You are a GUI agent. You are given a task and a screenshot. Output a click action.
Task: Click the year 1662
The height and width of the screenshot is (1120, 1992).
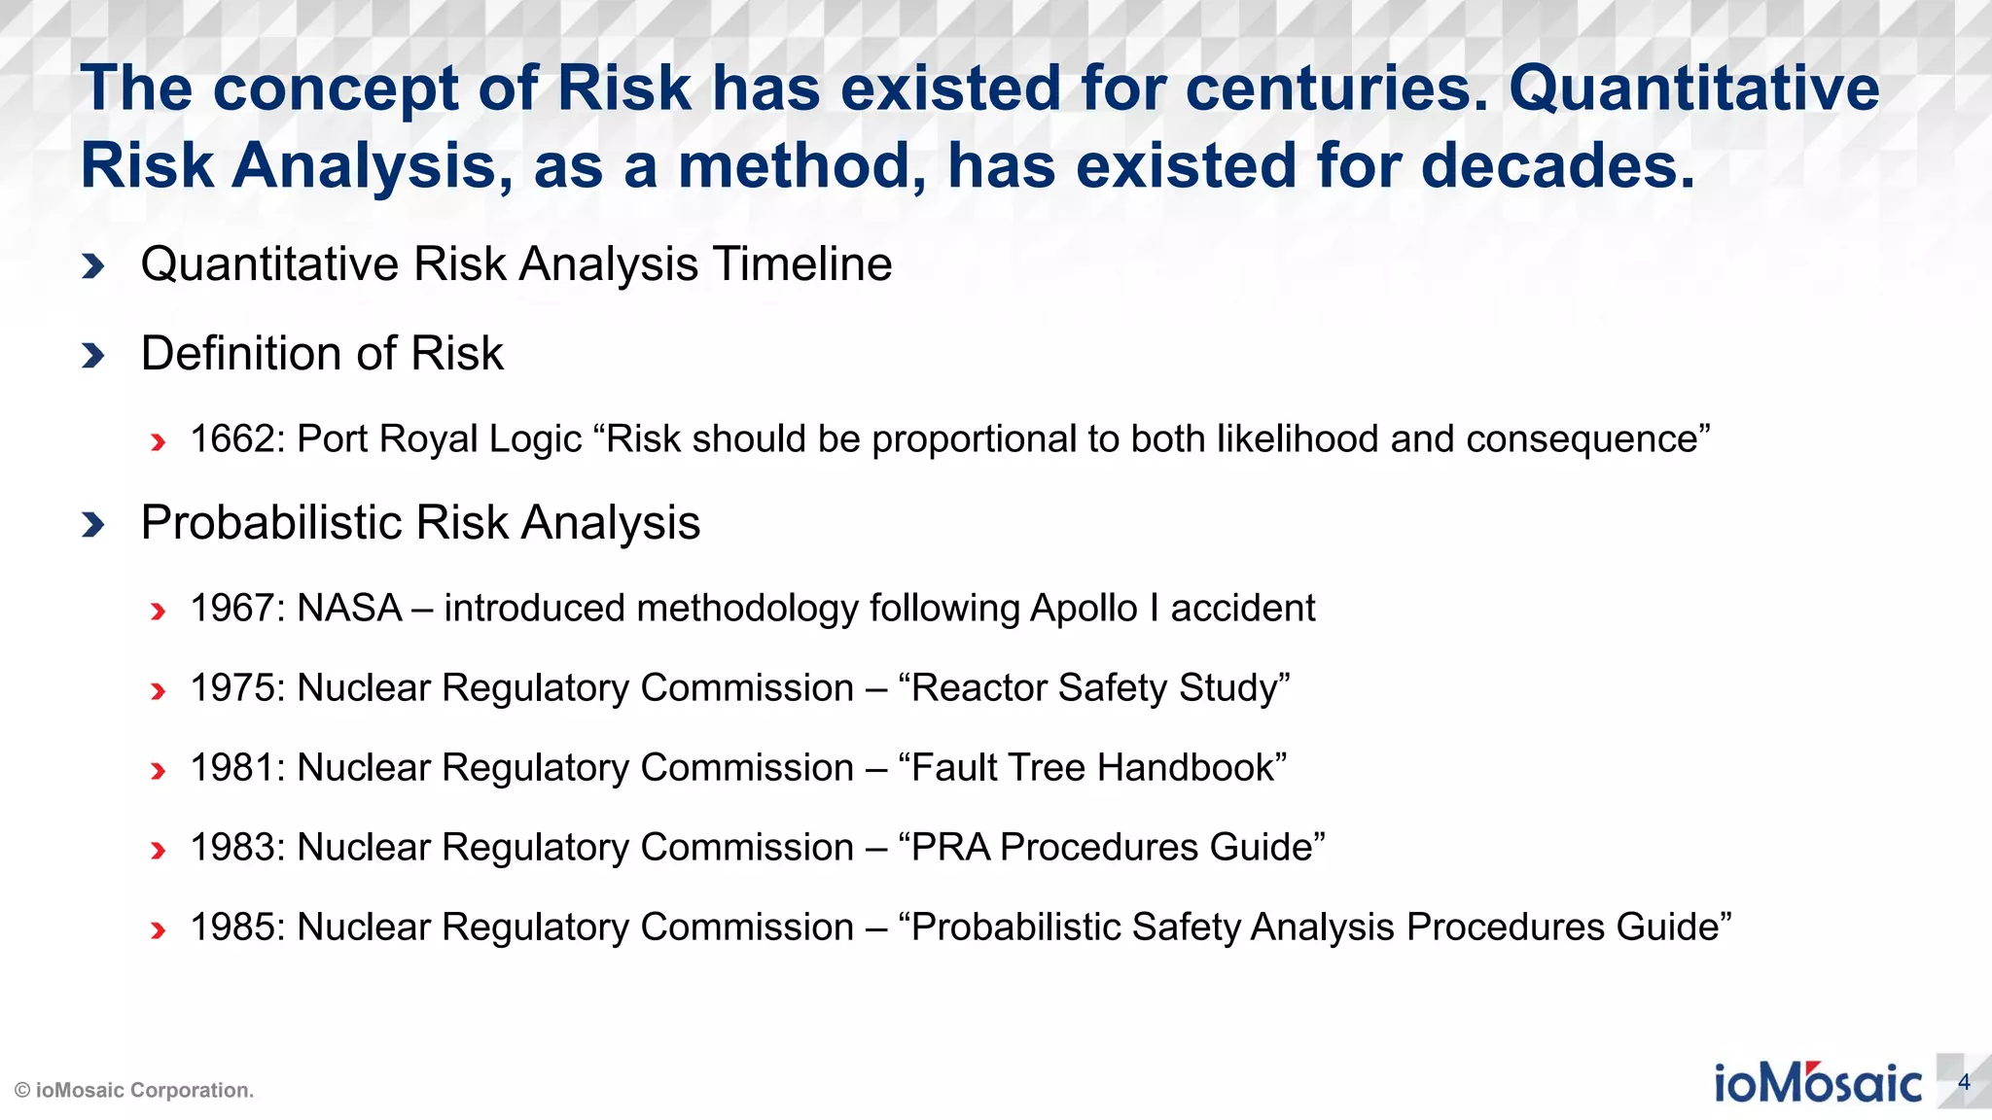point(232,439)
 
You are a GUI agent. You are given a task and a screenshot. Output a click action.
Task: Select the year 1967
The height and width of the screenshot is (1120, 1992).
point(232,609)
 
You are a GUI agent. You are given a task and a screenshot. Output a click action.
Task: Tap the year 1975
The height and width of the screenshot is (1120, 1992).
point(232,688)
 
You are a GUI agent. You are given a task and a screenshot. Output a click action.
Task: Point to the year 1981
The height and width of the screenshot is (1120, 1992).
point(232,768)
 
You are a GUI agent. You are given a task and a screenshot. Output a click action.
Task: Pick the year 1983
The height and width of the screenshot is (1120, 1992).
point(232,848)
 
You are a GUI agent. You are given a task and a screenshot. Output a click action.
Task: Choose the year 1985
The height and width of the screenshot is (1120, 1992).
point(232,927)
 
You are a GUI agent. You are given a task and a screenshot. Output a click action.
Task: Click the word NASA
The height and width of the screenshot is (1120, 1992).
point(349,609)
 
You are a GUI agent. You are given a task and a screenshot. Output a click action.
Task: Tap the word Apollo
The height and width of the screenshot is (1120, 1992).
point(1084,609)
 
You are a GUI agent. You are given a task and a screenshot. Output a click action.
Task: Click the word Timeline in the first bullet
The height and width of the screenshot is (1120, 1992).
point(802,264)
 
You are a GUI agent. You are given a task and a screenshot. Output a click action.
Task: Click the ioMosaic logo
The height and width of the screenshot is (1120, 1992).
point(1817,1083)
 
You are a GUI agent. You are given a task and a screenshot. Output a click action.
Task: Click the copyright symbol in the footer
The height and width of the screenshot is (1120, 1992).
point(22,1091)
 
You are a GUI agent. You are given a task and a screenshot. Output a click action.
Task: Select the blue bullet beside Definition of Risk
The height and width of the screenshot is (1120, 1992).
point(93,355)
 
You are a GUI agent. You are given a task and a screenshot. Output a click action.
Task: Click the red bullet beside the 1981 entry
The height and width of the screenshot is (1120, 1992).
point(158,771)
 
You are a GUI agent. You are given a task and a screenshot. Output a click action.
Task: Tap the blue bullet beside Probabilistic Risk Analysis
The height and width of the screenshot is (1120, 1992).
point(93,524)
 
